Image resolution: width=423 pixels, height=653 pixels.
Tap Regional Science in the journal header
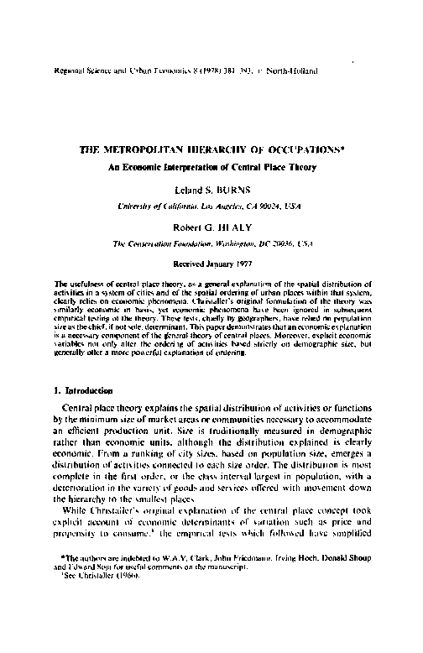85,72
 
